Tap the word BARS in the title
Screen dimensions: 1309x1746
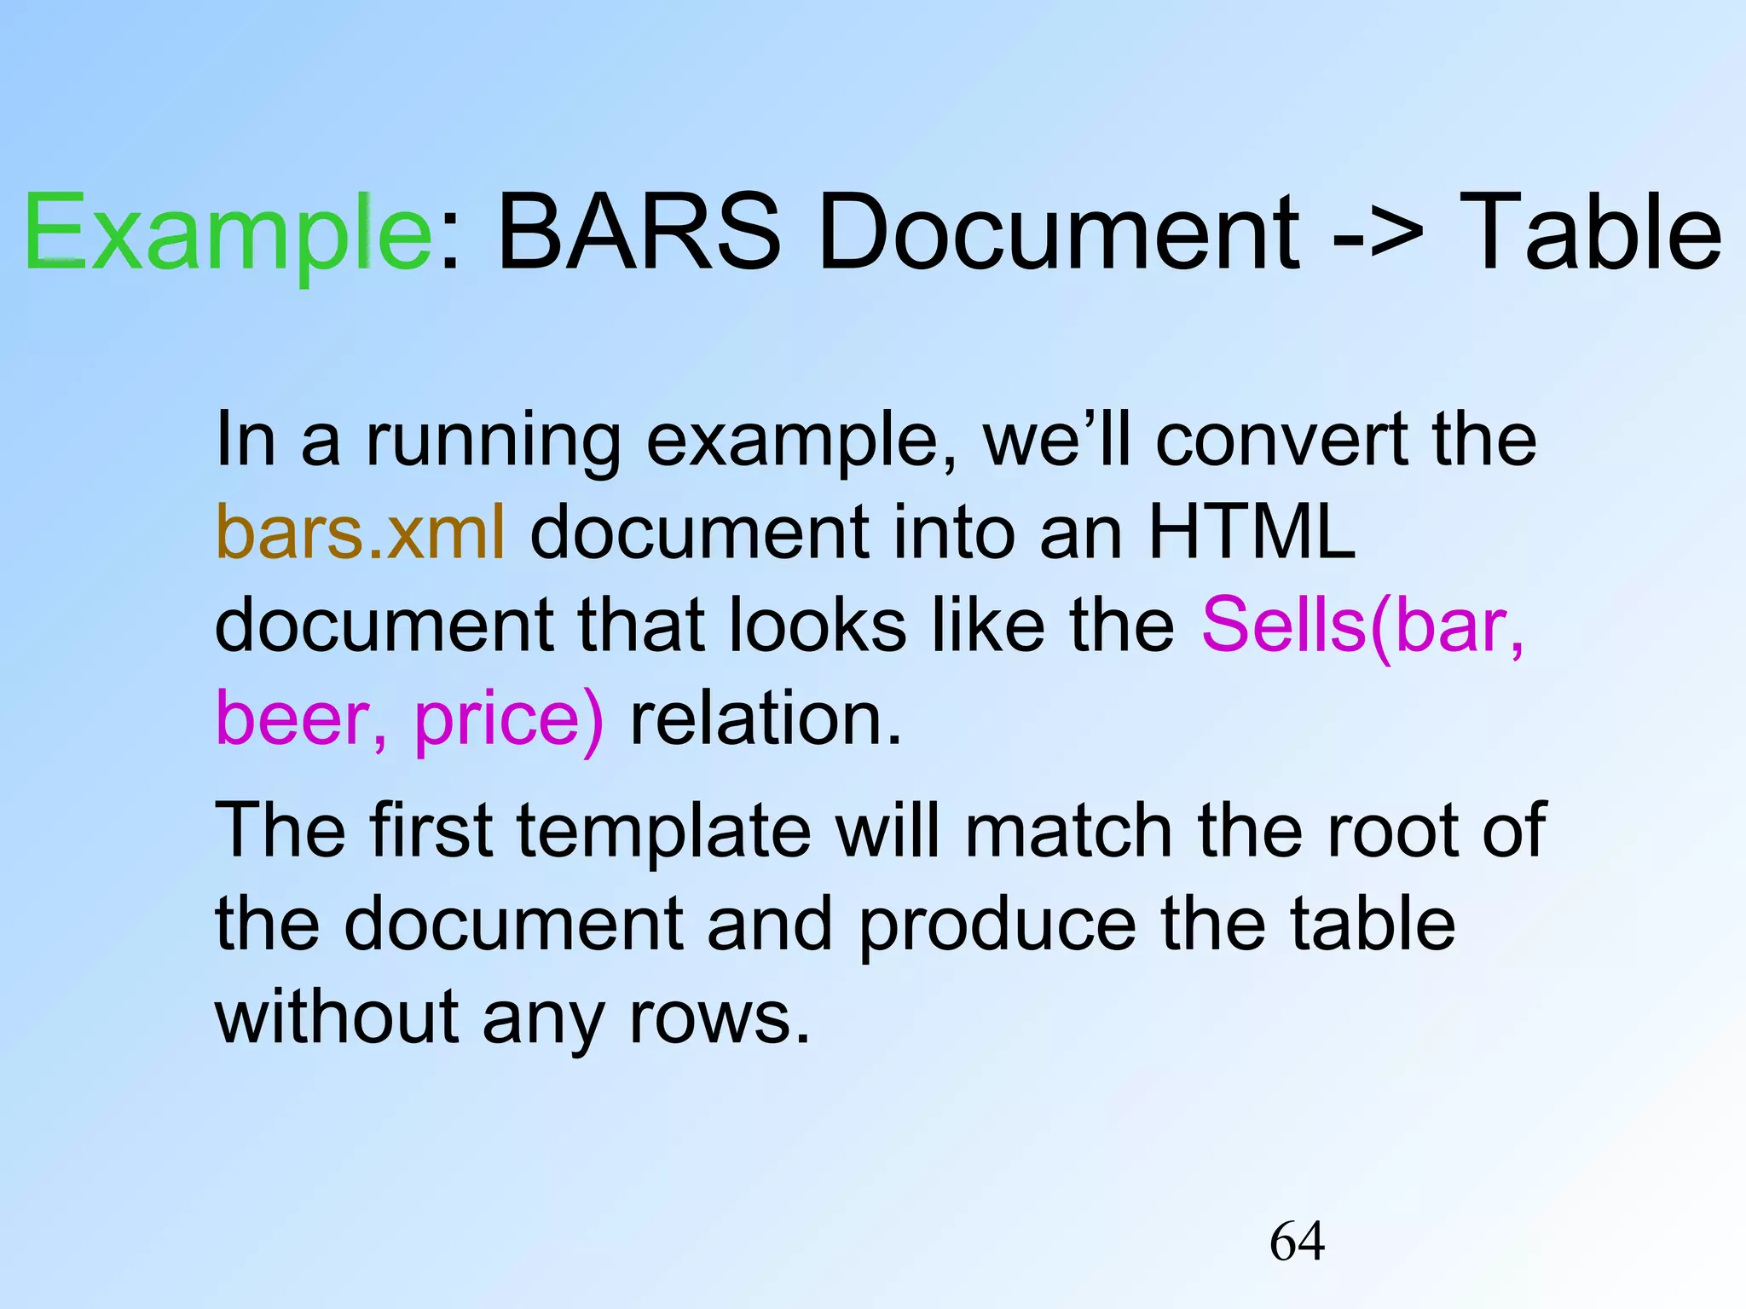638,232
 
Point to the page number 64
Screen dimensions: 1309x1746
1297,1241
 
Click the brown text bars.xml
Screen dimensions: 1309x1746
361,533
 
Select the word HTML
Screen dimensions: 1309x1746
1252,533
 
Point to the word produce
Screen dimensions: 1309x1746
997,926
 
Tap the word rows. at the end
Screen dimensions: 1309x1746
719,1018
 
